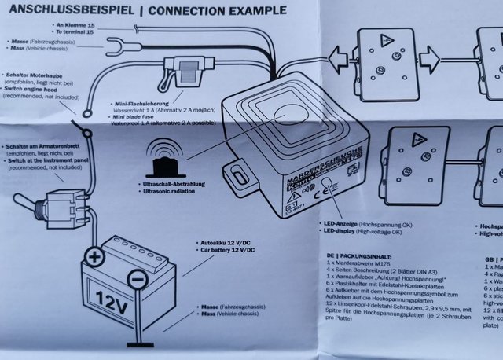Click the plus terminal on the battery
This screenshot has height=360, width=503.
pyautogui.click(x=94, y=256)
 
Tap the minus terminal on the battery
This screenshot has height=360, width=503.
pyautogui.click(x=137, y=277)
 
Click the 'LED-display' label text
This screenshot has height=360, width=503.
pyautogui.click(x=336, y=232)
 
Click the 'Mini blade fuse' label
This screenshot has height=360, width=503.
pyautogui.click(x=134, y=116)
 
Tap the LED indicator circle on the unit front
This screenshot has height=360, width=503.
pyautogui.click(x=328, y=183)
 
